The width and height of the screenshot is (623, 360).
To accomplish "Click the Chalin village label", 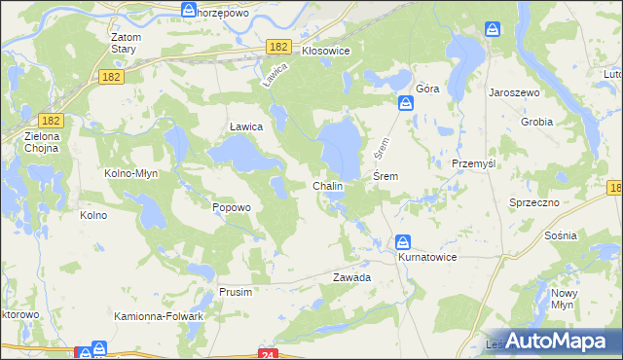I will click(x=327, y=185).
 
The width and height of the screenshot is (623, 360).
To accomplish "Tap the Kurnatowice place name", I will click(x=426, y=257).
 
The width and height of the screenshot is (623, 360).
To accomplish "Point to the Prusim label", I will click(x=236, y=292).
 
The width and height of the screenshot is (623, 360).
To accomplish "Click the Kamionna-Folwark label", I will click(x=159, y=316).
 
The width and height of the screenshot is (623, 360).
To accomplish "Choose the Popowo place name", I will click(x=232, y=207).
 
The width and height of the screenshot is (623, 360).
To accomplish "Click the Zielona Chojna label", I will click(x=42, y=142).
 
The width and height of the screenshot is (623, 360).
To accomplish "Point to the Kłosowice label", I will click(x=325, y=49).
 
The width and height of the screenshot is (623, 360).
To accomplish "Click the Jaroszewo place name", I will click(x=515, y=91).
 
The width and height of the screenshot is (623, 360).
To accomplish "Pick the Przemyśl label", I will click(x=474, y=163).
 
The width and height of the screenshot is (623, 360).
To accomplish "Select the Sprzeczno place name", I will click(x=533, y=201).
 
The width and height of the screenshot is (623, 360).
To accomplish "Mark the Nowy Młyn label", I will click(x=565, y=299).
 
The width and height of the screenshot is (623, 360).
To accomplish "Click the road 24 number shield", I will click(x=270, y=354).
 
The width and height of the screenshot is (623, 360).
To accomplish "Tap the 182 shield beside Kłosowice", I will click(x=279, y=47).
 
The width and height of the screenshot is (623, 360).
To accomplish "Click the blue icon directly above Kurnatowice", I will click(x=403, y=242).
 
